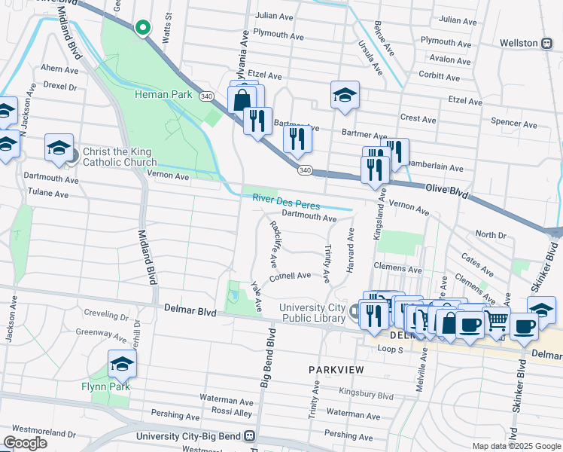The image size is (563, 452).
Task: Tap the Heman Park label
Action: [160, 94]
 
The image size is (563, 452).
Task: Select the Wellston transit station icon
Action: [547, 43]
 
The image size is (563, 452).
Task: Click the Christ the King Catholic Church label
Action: [120, 157]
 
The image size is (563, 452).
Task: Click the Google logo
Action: [25, 443]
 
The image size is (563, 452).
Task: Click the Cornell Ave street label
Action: [291, 276]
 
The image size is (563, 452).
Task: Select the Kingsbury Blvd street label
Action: [366, 395]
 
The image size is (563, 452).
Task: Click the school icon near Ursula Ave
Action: [345, 96]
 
